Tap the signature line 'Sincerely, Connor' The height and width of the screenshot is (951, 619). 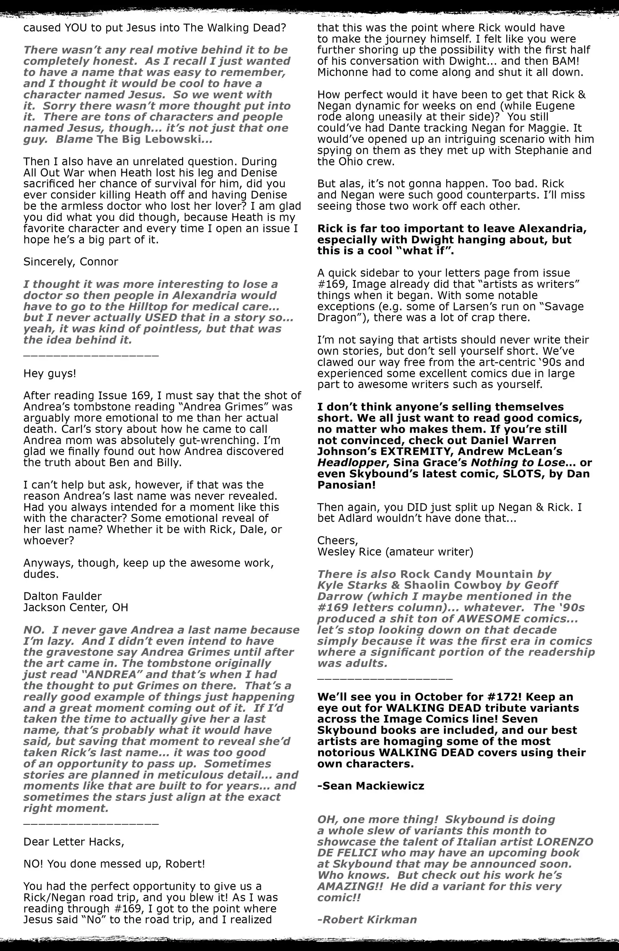pyautogui.click(x=71, y=262)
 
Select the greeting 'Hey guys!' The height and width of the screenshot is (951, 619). pyautogui.click(x=50, y=373)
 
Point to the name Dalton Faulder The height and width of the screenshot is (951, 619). pyautogui.click(x=62, y=596)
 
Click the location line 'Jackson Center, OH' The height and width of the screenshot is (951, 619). pyautogui.click(x=75, y=607)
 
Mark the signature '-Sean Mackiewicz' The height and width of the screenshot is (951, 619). pyautogui.click(x=371, y=786)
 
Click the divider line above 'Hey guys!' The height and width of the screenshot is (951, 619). pyautogui.click(x=91, y=355)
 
